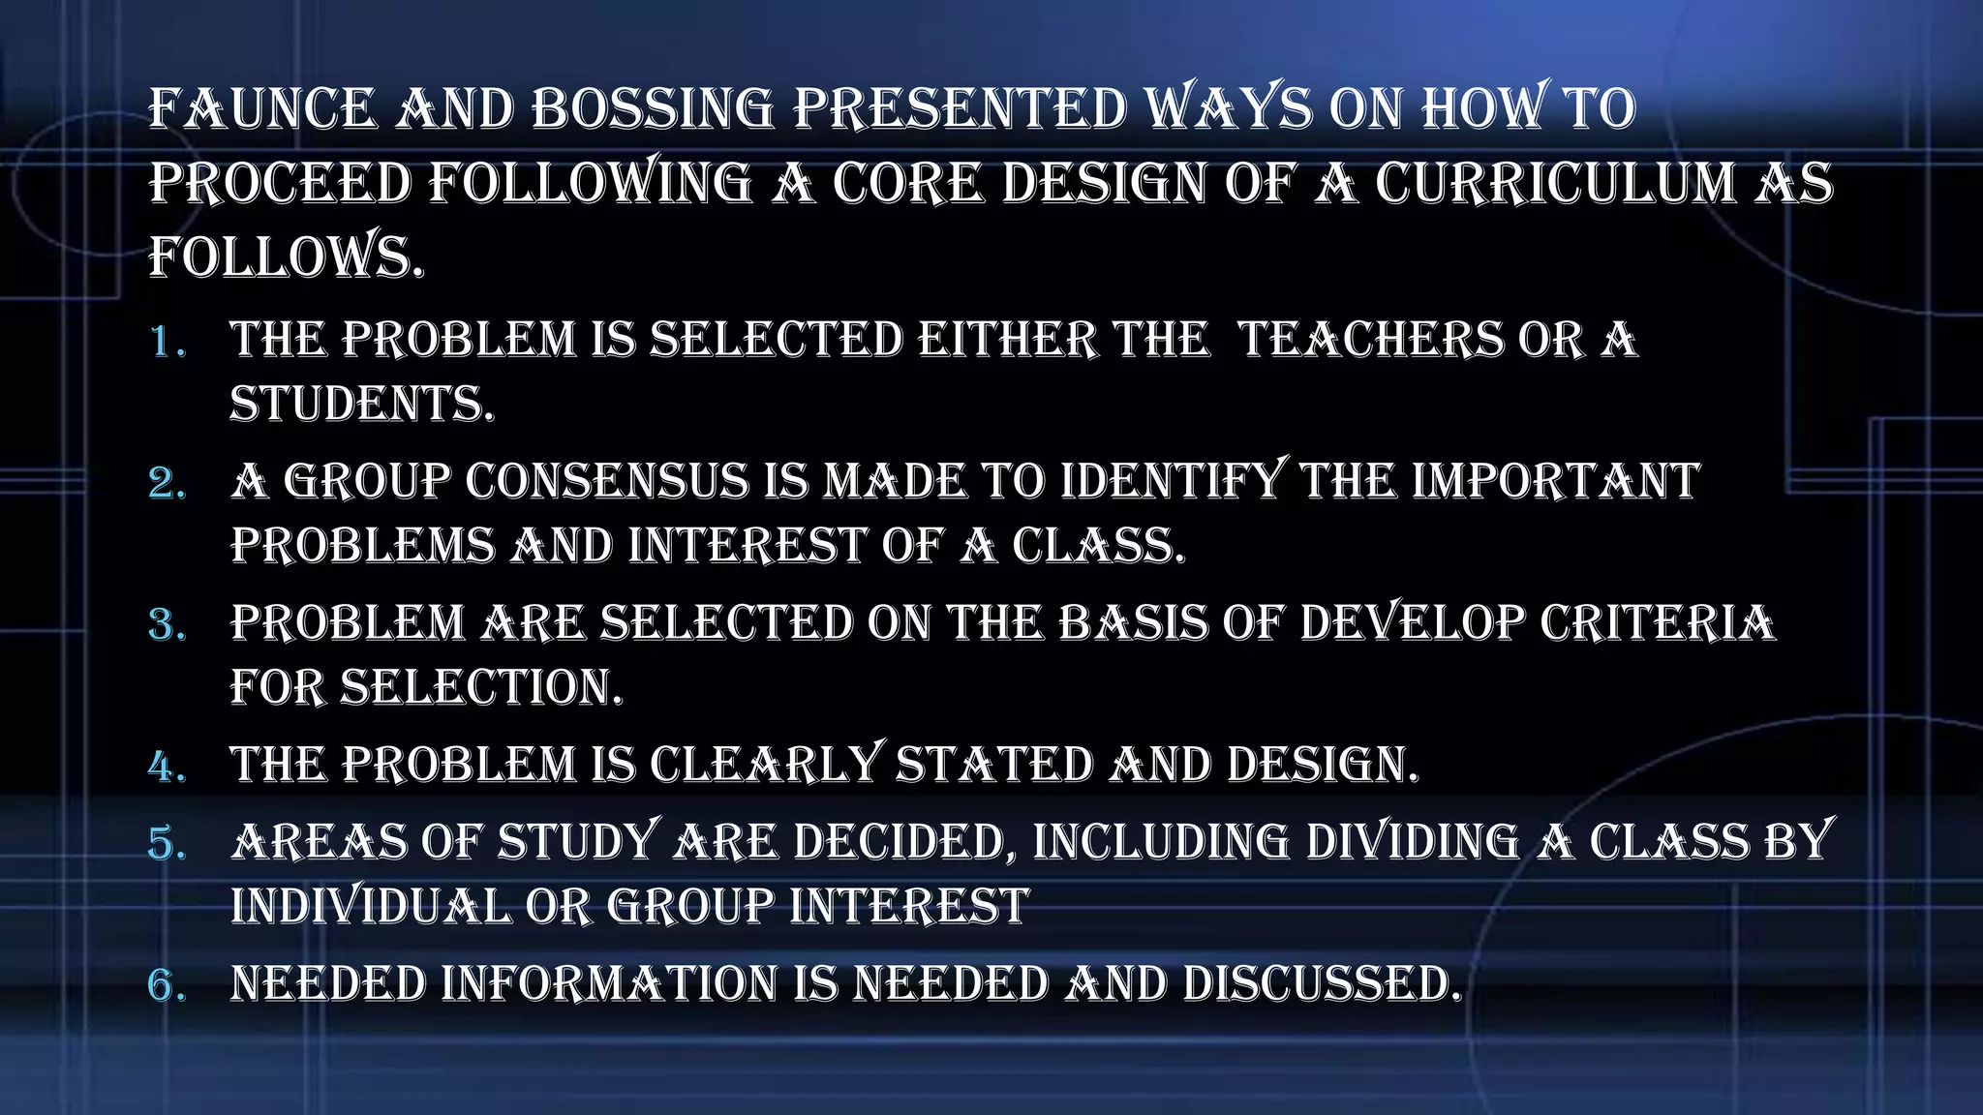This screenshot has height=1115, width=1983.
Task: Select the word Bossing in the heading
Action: point(653,108)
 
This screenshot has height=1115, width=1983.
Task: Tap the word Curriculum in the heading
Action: point(1556,184)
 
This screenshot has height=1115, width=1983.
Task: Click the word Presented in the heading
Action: point(960,108)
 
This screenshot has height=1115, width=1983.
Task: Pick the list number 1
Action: point(168,342)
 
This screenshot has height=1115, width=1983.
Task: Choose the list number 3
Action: point(168,625)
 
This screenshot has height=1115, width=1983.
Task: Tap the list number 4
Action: point(168,768)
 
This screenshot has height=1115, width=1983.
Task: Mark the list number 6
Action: point(168,986)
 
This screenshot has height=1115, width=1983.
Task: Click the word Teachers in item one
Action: point(1369,341)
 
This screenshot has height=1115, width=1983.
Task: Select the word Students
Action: point(361,405)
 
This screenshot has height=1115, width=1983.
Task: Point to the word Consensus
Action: point(607,482)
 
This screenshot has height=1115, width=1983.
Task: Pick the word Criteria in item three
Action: point(1658,623)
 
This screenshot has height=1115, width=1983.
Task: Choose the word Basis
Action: point(1133,623)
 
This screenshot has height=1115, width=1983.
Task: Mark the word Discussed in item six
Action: point(1322,984)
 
